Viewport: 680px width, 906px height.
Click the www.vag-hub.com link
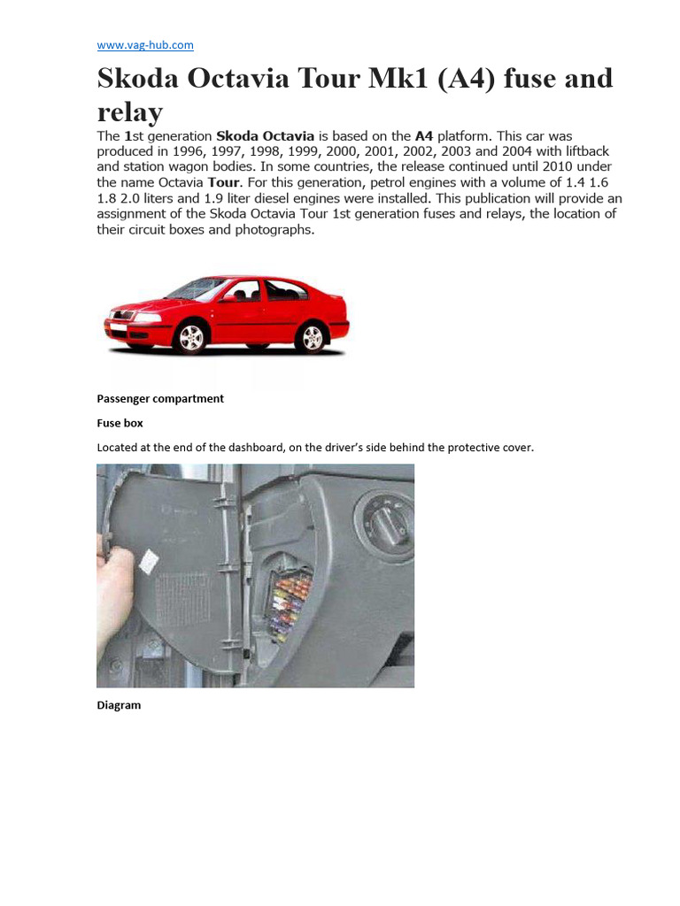point(144,45)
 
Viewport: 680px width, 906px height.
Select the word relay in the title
point(129,111)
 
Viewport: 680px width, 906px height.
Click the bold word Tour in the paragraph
point(222,183)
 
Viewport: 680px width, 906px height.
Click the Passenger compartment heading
point(159,398)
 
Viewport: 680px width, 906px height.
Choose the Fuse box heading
point(120,423)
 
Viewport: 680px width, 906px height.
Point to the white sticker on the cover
point(149,559)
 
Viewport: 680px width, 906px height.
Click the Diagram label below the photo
point(119,705)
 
